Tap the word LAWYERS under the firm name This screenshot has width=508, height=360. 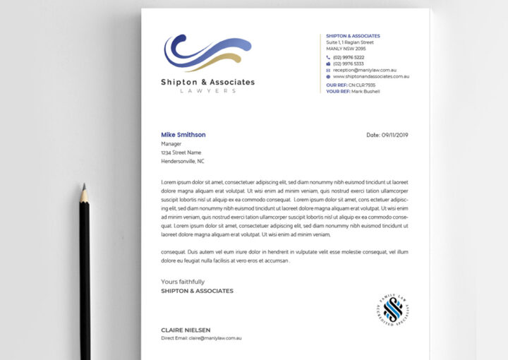207,91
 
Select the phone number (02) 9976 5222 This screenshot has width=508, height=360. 349,57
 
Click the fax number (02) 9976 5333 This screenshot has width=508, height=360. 349,64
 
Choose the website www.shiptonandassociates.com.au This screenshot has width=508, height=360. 371,76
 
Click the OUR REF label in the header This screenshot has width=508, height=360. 335,85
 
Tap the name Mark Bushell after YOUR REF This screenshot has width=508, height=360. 365,91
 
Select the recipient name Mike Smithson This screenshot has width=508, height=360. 183,135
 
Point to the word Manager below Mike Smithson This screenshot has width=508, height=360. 172,144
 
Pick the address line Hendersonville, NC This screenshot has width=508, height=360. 182,161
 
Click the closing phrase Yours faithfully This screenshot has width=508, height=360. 183,282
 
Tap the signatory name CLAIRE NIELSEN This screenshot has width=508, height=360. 186,330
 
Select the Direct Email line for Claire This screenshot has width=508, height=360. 201,338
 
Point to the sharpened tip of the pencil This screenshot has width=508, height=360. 84,186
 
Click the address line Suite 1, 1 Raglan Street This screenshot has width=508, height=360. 350,42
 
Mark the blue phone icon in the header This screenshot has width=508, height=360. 329,57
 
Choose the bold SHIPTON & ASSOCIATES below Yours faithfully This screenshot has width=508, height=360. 197,291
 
